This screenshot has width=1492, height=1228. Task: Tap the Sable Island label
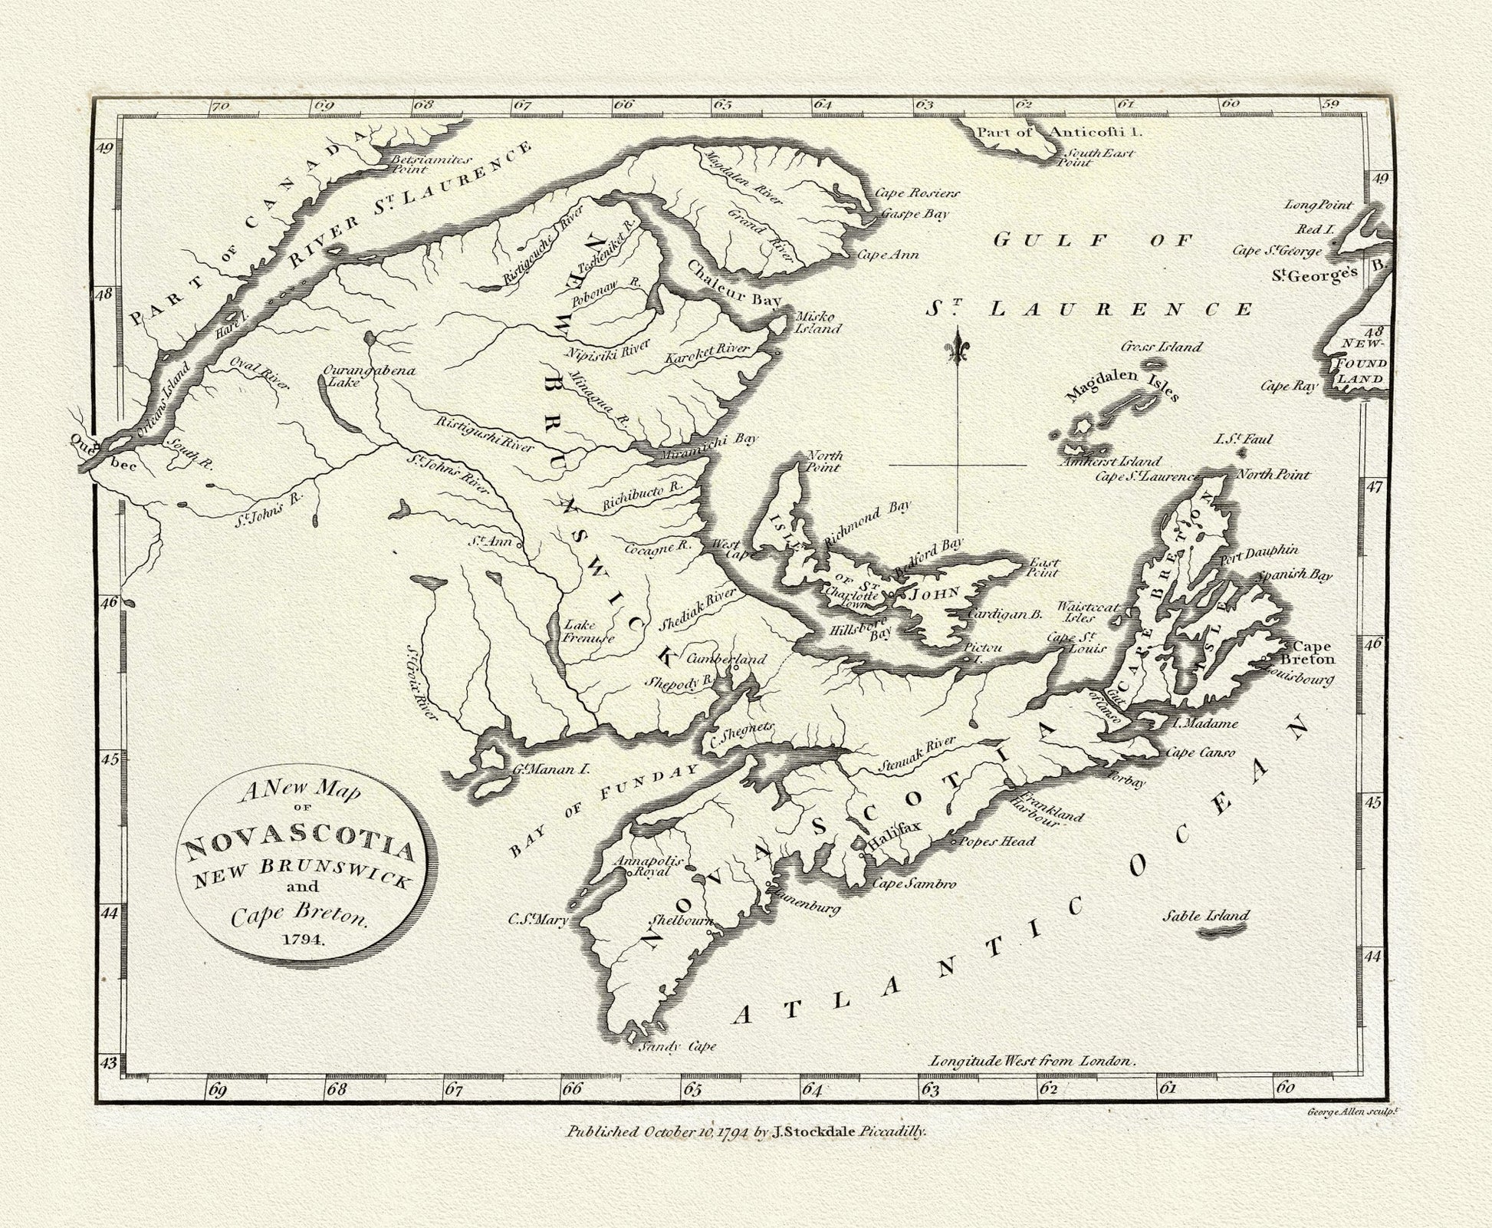click(1206, 915)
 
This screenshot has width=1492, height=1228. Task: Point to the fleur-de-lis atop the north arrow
click(958, 348)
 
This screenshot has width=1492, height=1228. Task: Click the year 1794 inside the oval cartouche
click(301, 941)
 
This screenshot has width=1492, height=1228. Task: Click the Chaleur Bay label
click(733, 284)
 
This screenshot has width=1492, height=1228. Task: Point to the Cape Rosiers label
click(917, 193)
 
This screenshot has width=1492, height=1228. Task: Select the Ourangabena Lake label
click(368, 375)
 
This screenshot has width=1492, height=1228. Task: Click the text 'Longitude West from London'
click(1031, 1062)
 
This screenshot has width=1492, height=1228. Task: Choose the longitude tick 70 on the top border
click(220, 107)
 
